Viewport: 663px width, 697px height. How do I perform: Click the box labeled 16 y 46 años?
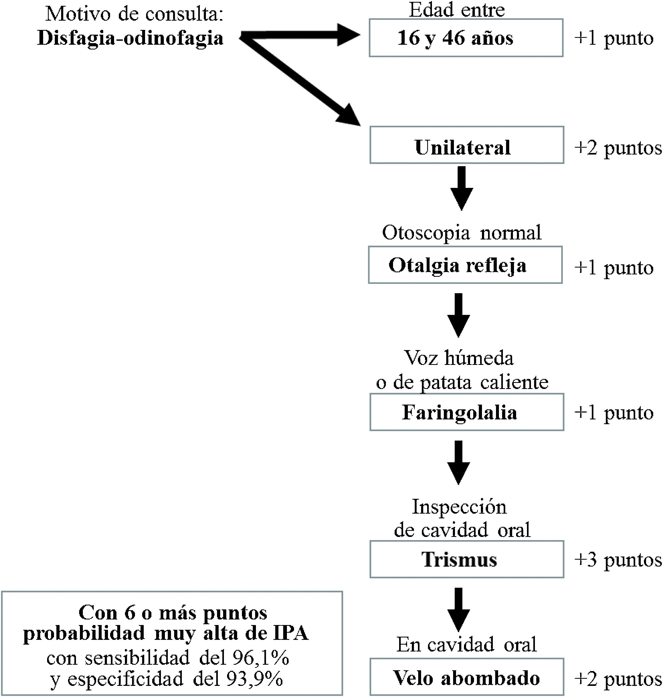466,38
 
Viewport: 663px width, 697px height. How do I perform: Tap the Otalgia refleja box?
465,265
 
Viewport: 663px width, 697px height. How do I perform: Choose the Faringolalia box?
467,412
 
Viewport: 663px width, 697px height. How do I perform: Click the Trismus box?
467,559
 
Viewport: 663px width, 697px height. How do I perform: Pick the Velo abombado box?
467,677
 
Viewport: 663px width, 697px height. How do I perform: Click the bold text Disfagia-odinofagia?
130,38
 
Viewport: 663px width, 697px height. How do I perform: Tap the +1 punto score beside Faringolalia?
614,413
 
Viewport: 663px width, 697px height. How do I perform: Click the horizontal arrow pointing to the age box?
300,35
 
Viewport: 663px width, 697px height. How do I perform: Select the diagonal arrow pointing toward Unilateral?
300,81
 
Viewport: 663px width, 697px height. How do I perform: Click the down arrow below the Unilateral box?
462,188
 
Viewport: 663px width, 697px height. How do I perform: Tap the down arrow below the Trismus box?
458,609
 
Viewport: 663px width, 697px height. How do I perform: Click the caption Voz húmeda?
459,358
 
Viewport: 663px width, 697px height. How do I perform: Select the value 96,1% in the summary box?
261,658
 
